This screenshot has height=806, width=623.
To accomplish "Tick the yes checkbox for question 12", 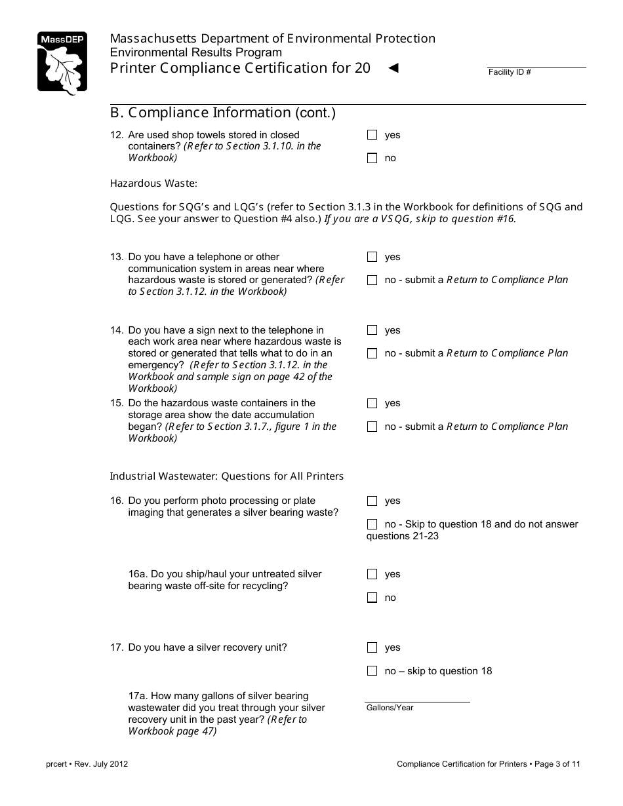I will pos(372,135).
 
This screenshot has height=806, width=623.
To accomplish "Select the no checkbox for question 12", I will pos(372,158).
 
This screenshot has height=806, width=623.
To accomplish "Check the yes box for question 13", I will pos(372,257).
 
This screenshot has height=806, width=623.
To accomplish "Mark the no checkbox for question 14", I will pos(372,353).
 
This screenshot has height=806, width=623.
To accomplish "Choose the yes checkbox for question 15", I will pos(372,403).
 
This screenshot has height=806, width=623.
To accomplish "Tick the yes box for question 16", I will pos(372,501).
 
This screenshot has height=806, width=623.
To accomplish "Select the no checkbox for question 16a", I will pos(372,598).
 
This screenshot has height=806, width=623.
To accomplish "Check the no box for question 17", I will pos(372,671).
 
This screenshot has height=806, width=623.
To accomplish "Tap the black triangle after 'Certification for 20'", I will pos(393,67).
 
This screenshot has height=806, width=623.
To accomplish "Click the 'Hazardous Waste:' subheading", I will pos(153,183).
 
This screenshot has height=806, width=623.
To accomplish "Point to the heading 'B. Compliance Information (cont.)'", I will pos(223,113).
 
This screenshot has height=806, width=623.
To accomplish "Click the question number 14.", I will pos(117,330).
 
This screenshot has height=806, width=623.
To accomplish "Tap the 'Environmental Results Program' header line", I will pos(195,52).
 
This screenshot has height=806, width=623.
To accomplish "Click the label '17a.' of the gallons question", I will pos(138,696).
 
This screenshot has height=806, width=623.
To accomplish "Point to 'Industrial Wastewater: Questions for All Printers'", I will pos(226,476).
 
